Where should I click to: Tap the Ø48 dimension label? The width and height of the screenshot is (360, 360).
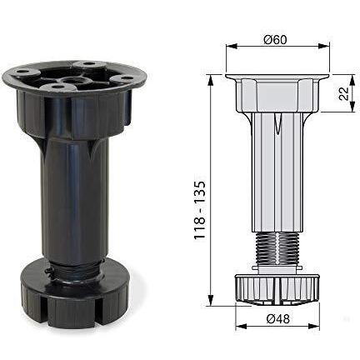tap(277, 317)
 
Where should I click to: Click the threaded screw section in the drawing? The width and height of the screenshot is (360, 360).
tap(276, 248)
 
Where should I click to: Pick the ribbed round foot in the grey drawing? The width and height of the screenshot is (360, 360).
tap(276, 287)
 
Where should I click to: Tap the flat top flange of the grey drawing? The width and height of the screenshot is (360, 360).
tap(277, 77)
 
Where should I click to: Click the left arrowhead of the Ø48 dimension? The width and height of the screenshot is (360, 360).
tap(240, 326)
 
